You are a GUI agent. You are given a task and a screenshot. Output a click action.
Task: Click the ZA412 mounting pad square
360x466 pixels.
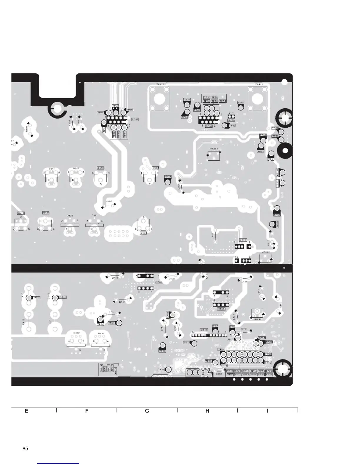159,99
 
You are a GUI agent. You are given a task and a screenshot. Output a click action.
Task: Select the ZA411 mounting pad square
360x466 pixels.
258,99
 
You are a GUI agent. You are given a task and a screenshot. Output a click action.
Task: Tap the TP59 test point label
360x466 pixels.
187,100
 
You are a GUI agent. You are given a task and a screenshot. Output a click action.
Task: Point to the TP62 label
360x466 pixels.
232,126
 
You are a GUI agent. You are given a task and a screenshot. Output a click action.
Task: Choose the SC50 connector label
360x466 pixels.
231,120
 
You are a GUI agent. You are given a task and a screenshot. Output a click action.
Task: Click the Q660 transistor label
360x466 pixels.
101,168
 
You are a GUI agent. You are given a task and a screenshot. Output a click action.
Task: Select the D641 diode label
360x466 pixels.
51,169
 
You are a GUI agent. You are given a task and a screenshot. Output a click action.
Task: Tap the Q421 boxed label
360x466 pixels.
46,213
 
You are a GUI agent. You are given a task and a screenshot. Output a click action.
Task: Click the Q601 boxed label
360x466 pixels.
143,233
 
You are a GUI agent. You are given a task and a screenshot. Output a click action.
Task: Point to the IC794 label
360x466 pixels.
243,240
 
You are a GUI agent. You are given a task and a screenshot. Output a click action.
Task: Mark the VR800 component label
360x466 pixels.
265,252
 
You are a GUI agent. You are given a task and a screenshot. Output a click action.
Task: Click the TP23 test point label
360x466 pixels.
162,351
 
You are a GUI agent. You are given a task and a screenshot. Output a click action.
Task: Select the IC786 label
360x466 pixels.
221,309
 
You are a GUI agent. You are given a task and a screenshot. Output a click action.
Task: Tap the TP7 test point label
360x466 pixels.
215,326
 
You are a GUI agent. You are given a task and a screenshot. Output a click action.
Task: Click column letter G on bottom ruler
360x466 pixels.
147,411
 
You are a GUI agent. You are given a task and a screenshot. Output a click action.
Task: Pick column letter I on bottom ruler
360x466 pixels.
268,411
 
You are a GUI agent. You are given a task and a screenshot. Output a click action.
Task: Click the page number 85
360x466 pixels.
25,449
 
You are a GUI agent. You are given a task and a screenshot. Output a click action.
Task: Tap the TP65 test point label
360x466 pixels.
111,323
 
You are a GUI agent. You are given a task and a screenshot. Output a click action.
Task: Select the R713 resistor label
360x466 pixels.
122,302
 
